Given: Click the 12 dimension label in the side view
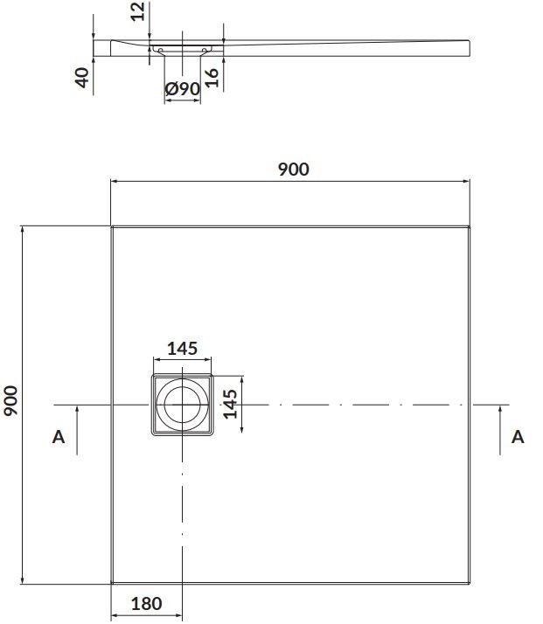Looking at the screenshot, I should [136, 12].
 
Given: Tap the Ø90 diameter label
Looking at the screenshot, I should [183, 88].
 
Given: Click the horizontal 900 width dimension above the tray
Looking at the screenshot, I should [293, 170].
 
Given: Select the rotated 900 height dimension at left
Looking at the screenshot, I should [11, 401].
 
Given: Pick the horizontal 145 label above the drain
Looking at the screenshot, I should [182, 348].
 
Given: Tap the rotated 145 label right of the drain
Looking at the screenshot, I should [230, 405].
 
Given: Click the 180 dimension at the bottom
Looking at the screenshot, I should [146, 603].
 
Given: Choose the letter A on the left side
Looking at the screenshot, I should [59, 436].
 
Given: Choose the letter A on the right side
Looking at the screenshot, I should [518, 436].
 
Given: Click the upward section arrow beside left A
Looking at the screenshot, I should [77, 428].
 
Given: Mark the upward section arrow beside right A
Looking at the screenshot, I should [499, 428].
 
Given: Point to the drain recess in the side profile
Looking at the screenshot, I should [183, 45].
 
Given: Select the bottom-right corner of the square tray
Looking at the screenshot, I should [471, 584].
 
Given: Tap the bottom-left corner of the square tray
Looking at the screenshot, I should [112, 584].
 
